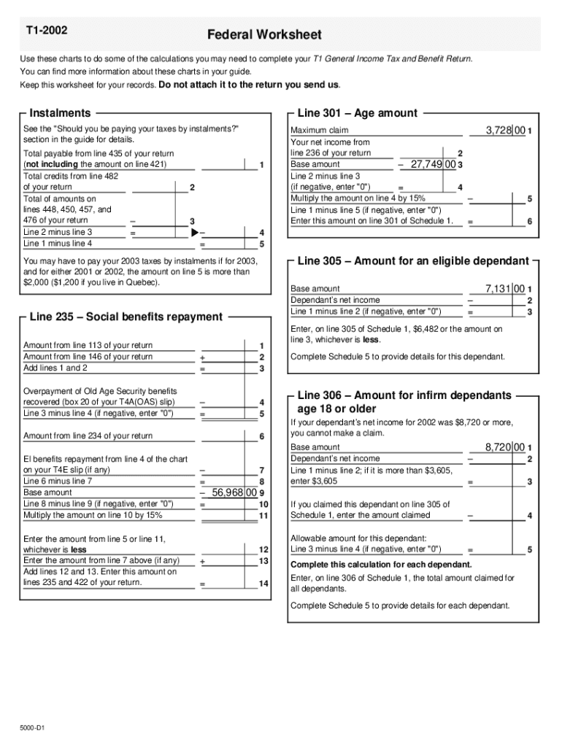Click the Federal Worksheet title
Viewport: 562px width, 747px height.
coord(264,35)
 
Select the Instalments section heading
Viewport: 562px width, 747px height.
coord(61,113)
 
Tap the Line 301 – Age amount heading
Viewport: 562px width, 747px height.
coord(358,113)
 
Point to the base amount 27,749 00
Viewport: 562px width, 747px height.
coord(433,165)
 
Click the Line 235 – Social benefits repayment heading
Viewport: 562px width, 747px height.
coord(126,317)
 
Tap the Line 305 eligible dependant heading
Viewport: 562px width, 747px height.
coord(413,261)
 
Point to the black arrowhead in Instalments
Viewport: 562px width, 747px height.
coord(194,232)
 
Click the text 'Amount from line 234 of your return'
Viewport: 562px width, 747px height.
coord(88,436)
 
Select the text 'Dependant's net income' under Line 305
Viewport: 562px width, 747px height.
coord(335,300)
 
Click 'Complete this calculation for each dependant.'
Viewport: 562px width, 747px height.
coord(381,565)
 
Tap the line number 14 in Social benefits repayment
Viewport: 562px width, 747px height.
coord(263,584)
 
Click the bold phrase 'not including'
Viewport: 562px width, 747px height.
coord(52,165)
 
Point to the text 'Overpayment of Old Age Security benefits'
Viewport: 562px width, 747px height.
coord(100,391)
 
